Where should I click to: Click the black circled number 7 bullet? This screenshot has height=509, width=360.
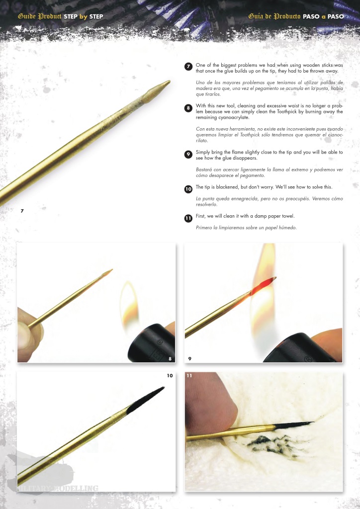188,67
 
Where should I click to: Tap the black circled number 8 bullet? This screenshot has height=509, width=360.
188,108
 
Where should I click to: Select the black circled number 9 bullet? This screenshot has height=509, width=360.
188,155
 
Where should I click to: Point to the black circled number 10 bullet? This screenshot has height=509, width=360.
188,189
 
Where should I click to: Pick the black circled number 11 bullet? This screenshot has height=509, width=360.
188,219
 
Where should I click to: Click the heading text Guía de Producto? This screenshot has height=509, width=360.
274,16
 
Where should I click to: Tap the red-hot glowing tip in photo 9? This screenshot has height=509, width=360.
263,283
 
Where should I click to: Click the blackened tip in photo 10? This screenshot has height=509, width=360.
145,400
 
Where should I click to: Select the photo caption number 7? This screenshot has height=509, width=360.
22,211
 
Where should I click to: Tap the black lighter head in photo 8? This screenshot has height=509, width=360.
151,343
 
